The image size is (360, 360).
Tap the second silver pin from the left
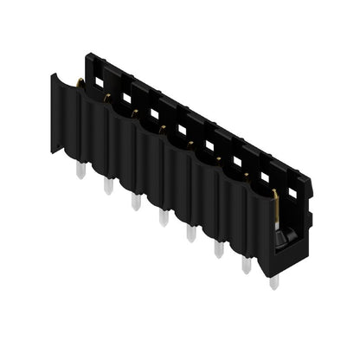108,186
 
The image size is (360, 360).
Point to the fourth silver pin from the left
163,217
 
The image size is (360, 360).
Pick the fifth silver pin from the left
190,233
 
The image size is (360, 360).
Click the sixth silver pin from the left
218,248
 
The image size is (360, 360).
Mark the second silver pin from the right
246,265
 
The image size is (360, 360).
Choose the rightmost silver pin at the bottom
273,280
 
